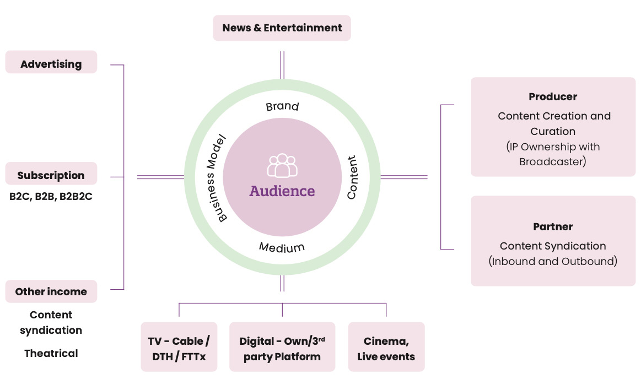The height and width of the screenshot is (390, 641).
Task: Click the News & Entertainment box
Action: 282,28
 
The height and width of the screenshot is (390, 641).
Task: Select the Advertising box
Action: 51,64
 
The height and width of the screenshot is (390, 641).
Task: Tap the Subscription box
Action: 51,175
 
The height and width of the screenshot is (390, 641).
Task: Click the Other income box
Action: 51,291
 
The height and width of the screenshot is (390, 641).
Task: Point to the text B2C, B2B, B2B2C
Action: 51,196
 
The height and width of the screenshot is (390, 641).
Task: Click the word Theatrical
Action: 51,353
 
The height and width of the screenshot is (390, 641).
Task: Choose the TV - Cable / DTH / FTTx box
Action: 179,348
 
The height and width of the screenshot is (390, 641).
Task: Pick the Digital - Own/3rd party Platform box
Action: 282,348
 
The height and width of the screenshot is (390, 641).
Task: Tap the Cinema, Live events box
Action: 386,348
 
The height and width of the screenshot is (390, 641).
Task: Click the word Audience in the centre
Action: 282,191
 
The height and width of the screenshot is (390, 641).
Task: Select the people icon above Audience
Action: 282,165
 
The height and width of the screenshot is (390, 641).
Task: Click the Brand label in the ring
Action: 282,106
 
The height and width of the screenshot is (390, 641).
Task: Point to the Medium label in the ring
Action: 282,247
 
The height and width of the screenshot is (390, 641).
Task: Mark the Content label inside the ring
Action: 352,177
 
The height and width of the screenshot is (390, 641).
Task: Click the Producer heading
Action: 553,96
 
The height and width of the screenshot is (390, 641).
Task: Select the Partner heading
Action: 553,226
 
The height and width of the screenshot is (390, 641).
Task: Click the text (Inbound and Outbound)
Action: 553,261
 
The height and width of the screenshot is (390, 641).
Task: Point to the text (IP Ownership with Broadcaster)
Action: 553,154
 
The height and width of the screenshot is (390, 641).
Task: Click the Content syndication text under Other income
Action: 51,322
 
